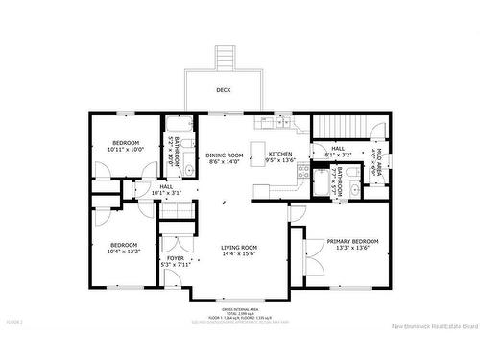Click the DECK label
[x=224, y=90]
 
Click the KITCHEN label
[x=280, y=155]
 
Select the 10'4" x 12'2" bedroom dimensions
[x=124, y=251]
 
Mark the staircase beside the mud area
[x=343, y=126]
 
